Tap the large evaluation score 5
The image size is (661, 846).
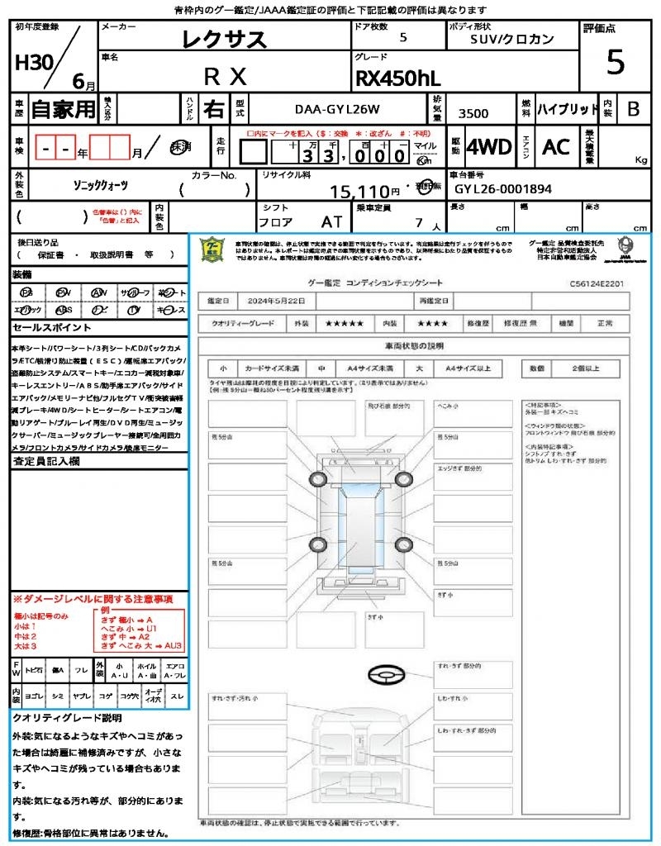[x=615, y=62]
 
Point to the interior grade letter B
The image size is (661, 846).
[x=633, y=108]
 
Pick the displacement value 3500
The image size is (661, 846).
[x=473, y=114]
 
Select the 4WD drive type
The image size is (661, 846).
[x=488, y=147]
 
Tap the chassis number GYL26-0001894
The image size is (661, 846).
[x=503, y=189]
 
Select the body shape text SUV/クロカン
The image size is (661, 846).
[x=512, y=39]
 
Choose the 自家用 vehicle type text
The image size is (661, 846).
[x=63, y=108]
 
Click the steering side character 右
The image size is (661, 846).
[x=213, y=108]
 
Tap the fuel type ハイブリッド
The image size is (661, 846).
[x=568, y=108]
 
